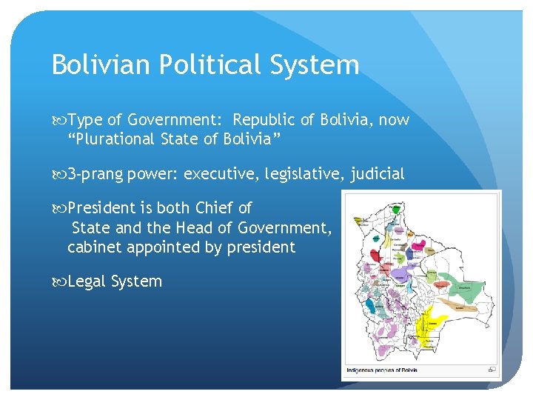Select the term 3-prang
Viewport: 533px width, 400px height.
pos(95,174)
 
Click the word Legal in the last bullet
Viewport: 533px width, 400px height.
pos(86,281)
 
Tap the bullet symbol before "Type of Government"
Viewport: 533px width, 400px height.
pos(58,120)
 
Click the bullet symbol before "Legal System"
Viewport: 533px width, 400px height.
pos(58,281)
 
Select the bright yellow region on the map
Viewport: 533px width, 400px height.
pos(429,326)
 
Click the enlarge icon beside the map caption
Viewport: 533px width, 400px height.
pos(492,369)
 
